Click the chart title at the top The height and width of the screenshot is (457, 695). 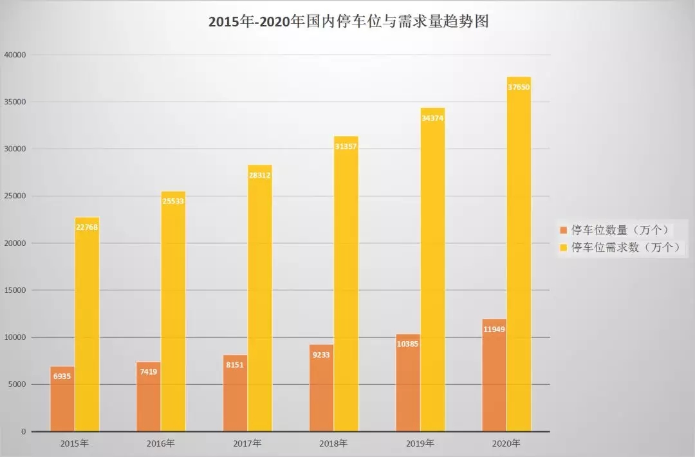[x=348, y=22]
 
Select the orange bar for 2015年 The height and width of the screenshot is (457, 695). [x=62, y=399]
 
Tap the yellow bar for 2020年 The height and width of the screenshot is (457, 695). [x=519, y=257]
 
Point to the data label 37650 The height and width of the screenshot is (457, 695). [x=519, y=87]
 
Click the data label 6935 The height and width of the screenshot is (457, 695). [x=62, y=376]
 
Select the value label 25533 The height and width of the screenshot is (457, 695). [x=174, y=201]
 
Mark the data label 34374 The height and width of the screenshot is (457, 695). [x=432, y=118]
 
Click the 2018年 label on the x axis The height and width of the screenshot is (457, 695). [x=334, y=443]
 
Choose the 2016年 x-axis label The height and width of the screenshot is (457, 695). [x=161, y=443]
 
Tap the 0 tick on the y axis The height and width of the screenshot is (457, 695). [x=23, y=431]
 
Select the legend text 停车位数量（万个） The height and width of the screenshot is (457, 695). [x=622, y=230]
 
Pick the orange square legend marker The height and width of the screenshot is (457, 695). [x=564, y=230]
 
